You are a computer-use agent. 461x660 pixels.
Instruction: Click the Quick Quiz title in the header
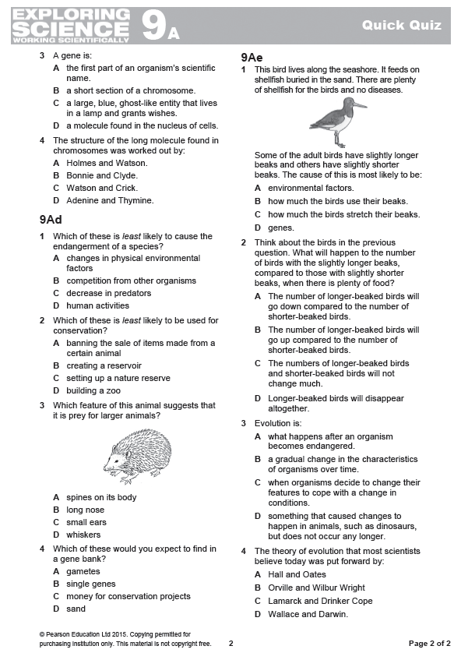coord(401,26)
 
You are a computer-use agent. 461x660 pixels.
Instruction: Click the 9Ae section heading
coord(252,58)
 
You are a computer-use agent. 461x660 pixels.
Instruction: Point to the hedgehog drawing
coord(138,457)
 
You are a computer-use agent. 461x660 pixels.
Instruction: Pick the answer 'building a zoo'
coord(93,390)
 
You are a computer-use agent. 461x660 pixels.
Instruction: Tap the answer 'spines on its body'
coord(101,497)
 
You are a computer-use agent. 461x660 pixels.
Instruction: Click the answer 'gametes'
coord(83,571)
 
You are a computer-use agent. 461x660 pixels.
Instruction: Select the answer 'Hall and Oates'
coord(296,574)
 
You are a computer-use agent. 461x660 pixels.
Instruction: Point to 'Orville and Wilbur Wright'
coord(316,588)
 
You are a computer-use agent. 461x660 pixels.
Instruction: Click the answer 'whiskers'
coord(83,535)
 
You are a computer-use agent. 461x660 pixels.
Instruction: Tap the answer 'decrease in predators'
coord(108,293)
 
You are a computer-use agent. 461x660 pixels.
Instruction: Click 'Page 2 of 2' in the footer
coord(429,644)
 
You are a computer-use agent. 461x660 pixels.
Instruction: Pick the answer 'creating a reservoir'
coord(104,365)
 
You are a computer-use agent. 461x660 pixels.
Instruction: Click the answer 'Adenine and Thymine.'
coord(110,200)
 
